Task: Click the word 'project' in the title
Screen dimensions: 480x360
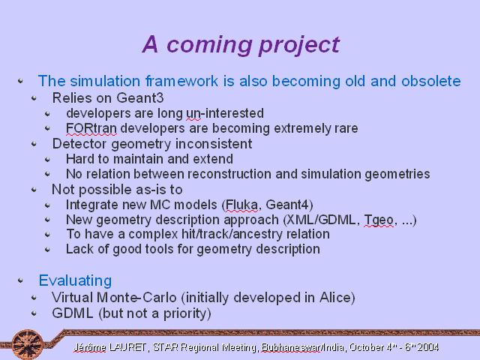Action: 299,45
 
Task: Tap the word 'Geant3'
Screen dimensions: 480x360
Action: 140,98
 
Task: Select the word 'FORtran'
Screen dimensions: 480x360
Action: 91,128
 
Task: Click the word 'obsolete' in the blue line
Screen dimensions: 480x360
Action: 431,81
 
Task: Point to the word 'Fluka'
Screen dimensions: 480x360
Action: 241,205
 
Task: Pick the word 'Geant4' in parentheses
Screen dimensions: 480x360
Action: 287,205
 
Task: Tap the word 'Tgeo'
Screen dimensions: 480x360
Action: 379,220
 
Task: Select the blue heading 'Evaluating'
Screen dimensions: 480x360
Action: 75,280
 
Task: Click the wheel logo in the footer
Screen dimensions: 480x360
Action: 28,344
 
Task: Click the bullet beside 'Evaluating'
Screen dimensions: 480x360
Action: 20,280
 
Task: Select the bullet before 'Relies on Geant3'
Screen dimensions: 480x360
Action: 34,98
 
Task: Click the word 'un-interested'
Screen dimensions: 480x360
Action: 225,113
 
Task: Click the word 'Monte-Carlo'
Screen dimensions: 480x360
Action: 136,297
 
